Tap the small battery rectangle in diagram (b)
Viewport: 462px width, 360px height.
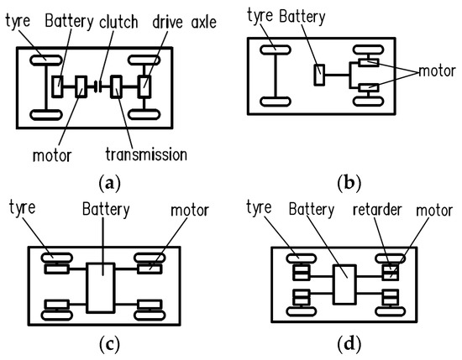[318, 75]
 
